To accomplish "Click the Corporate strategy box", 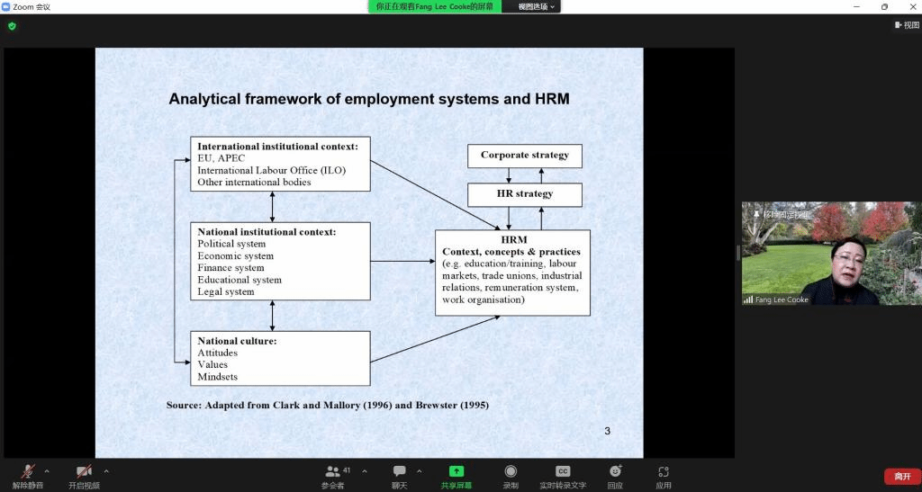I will (524, 156).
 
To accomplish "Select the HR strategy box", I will (524, 194).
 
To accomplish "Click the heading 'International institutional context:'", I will (277, 147).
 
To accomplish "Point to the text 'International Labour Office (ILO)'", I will (271, 170).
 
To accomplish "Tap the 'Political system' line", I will (231, 244).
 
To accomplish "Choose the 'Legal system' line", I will (226, 291).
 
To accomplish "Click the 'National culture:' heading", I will (237, 341).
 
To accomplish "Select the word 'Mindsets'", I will (218, 377).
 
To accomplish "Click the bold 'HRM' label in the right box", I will (513, 240).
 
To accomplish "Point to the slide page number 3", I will (607, 432).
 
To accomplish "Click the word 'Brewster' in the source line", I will (436, 406).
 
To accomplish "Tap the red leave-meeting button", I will (902, 476).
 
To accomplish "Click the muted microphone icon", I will (28, 471).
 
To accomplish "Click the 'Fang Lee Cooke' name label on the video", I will (782, 300).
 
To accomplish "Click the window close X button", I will (908, 6).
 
